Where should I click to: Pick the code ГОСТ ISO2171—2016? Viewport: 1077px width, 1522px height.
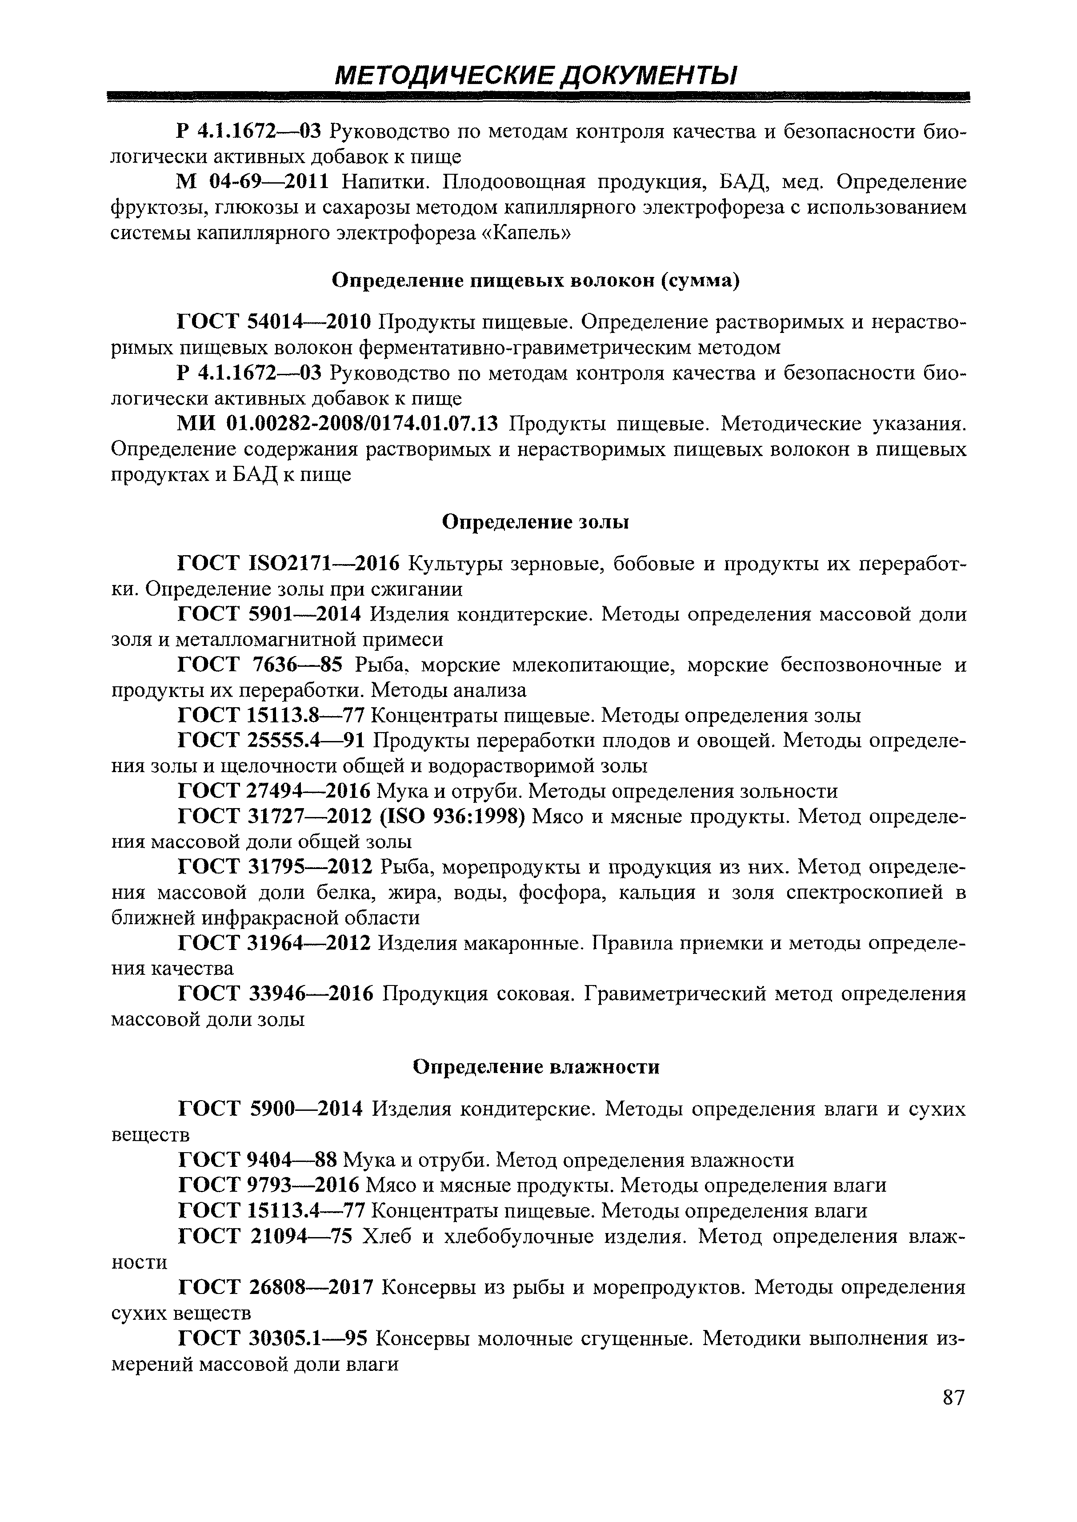(x=288, y=564)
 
